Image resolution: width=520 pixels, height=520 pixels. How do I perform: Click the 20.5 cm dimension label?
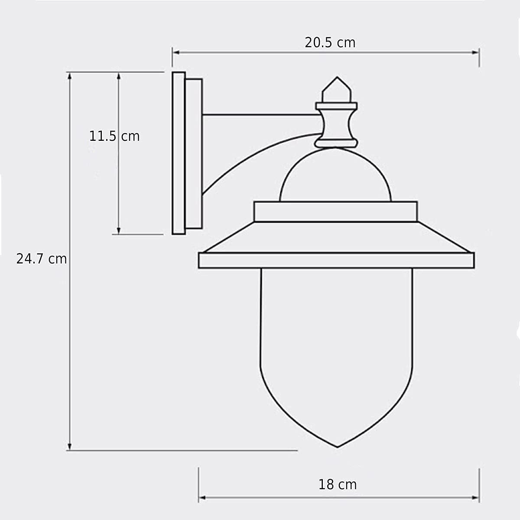(x=330, y=42)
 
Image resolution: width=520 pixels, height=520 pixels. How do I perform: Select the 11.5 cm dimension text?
(x=114, y=136)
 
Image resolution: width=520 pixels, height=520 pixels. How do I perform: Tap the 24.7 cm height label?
(x=42, y=259)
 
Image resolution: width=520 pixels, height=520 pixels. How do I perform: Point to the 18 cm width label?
(x=338, y=484)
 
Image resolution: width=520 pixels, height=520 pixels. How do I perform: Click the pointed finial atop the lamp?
(x=337, y=90)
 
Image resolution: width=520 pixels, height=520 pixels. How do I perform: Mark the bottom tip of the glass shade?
(x=337, y=446)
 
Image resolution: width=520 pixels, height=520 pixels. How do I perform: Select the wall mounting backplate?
(x=179, y=153)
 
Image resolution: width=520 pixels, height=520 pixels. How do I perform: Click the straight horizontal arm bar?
(x=260, y=115)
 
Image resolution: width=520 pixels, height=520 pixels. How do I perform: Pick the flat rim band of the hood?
(x=336, y=260)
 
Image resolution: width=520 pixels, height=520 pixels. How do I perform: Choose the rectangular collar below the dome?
(x=335, y=211)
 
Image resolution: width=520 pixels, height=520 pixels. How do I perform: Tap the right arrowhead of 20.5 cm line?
(x=476, y=52)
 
